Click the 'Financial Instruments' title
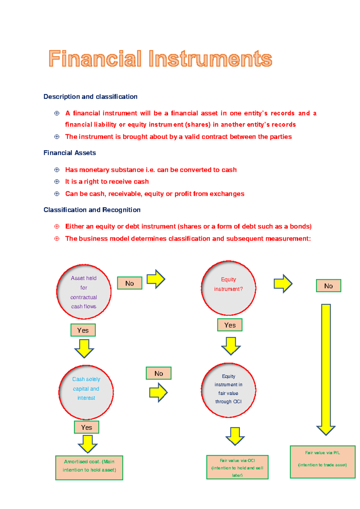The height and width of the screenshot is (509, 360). point(160,59)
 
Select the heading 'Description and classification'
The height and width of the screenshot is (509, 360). point(90,97)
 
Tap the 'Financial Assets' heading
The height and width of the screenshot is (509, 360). point(70,153)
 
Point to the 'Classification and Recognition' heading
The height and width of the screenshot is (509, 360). point(92,210)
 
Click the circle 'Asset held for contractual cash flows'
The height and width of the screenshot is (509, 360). point(84,292)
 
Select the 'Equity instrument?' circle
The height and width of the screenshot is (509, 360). point(228,288)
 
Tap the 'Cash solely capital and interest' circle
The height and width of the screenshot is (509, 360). point(86,392)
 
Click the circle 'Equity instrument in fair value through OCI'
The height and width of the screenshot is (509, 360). point(228,390)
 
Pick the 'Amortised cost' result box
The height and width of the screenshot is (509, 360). point(89,468)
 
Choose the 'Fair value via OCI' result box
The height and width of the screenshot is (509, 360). point(237,467)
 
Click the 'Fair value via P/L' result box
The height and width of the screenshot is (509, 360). point(322,462)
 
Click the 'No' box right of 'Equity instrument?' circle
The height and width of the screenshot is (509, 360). point(328,286)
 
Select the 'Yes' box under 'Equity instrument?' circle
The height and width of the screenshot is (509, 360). point(230,325)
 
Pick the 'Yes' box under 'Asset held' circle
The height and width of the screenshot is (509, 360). point(83,330)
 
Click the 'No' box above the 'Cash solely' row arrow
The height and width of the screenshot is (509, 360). point(159,373)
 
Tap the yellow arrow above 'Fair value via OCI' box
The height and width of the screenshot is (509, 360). point(235,436)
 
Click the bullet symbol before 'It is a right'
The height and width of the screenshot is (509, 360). point(57,182)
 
